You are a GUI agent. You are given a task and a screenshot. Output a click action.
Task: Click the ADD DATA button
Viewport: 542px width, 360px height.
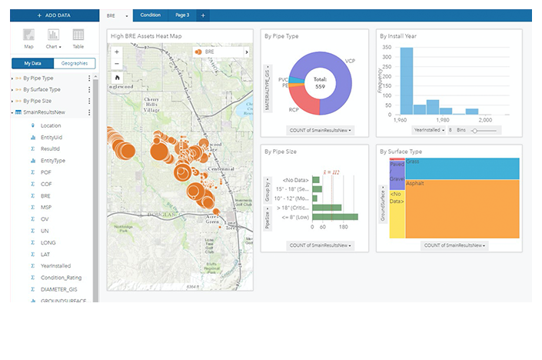pos(53,15)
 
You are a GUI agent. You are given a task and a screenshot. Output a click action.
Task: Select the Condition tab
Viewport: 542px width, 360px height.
pos(151,15)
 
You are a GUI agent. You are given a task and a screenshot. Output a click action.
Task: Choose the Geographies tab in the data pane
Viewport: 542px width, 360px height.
pos(74,63)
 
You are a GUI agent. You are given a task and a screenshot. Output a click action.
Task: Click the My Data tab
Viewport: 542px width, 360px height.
pos(32,63)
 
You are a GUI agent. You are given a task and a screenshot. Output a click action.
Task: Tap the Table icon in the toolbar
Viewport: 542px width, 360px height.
pos(78,38)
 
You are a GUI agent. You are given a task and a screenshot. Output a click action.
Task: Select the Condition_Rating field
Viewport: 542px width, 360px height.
pos(62,278)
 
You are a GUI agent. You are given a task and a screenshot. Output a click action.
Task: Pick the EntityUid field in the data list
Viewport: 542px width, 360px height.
pos(52,137)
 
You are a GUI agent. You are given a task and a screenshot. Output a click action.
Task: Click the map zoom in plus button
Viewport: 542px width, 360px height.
pos(117,52)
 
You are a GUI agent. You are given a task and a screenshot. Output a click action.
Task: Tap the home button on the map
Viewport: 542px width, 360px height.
pos(117,78)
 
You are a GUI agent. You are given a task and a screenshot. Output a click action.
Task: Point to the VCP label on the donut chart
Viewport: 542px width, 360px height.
pos(350,59)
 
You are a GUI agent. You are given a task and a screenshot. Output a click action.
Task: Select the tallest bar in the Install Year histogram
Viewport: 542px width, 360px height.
pos(407,80)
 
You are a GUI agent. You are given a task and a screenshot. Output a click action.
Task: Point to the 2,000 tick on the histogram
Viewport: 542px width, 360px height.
pos(485,120)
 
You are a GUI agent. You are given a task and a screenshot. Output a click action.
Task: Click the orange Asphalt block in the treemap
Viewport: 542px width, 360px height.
pos(461,208)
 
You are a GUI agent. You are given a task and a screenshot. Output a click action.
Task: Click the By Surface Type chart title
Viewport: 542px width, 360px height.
pos(401,152)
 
